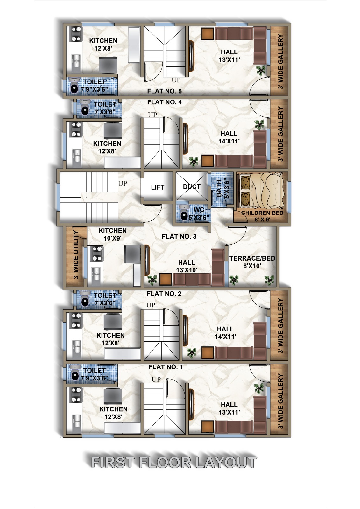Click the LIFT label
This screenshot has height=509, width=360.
157,187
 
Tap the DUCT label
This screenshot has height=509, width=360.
192,186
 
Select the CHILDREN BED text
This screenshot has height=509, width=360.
262,213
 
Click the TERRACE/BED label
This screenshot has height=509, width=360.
252,258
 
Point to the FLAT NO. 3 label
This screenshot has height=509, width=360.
179,237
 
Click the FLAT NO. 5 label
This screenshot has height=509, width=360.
165,91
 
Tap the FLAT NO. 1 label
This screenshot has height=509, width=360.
166,367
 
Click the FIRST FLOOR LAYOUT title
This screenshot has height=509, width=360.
174,462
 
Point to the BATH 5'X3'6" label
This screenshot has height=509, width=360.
222,189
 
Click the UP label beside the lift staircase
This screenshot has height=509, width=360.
123,183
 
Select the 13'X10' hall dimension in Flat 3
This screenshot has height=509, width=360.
187,270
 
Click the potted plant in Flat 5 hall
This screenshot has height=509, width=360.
261,71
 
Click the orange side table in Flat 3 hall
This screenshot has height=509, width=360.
165,279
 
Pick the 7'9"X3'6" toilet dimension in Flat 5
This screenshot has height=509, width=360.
95,89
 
